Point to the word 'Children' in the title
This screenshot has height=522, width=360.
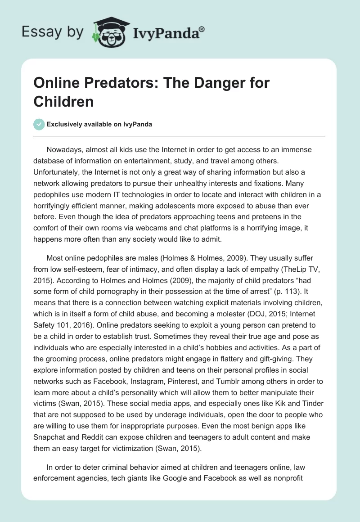63,101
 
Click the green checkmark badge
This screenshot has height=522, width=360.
40,124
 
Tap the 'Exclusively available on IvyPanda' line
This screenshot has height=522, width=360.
99,124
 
